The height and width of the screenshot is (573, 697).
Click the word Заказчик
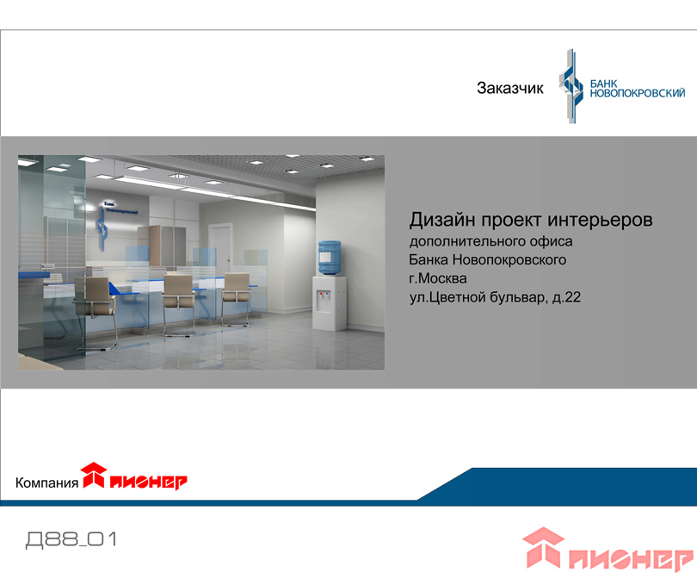tap(510, 88)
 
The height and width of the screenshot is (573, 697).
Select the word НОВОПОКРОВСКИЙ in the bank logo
tap(637, 93)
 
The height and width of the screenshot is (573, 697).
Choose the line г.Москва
tap(438, 278)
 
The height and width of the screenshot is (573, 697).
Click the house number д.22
tap(566, 297)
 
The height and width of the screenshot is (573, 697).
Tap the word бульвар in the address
tap(519, 297)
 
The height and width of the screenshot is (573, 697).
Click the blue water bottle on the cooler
tap(330, 258)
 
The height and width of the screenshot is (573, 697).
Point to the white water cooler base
tap(330, 303)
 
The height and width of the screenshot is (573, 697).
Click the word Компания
tap(46, 483)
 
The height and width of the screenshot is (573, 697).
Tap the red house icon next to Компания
tap(94, 475)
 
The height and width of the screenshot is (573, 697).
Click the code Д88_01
tap(72, 539)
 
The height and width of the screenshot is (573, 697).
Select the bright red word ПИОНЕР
tap(149, 483)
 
